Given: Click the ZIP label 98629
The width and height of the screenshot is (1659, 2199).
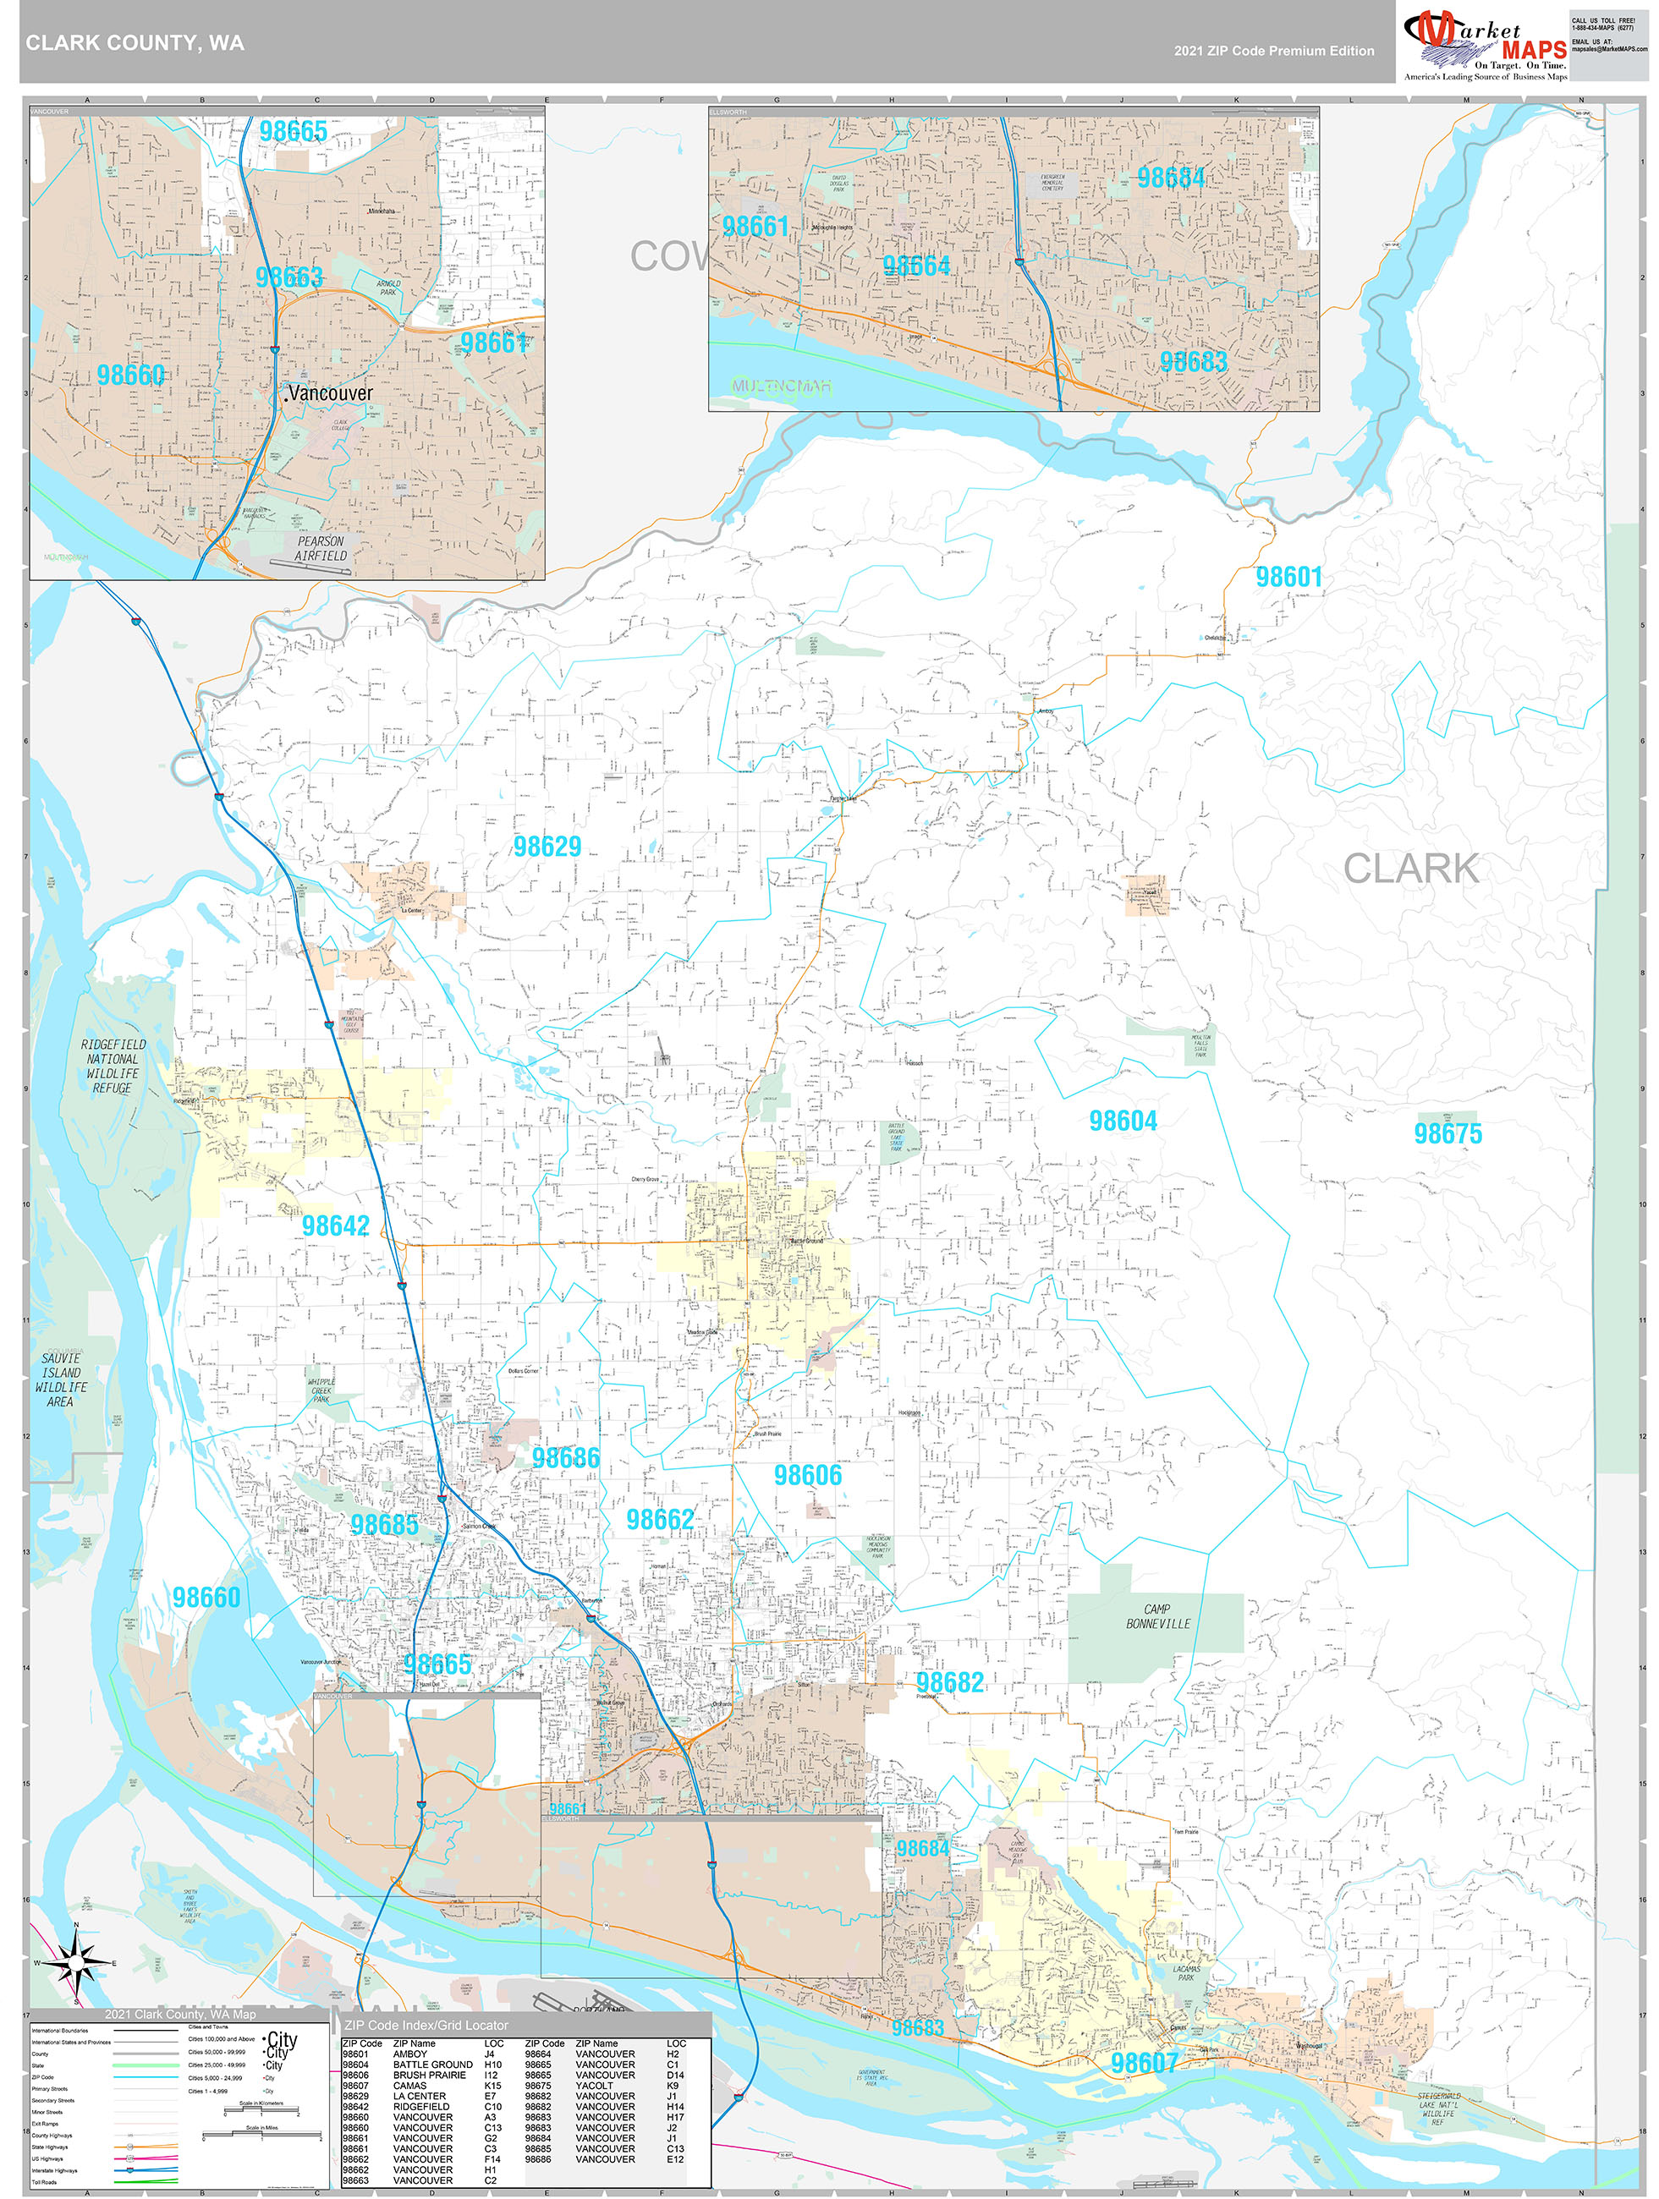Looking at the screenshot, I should [547, 846].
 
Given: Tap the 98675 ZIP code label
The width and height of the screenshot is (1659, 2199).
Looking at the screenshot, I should [1448, 1133].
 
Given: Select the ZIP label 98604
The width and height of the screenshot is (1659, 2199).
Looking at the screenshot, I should [1123, 1121].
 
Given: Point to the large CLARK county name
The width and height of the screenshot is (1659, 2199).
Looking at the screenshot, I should [1410, 868].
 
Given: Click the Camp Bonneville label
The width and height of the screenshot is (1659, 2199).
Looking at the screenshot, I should [1157, 1615].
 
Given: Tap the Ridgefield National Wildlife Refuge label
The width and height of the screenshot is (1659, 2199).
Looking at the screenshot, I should [113, 1066].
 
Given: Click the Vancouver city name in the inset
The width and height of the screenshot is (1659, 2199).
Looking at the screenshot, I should [330, 392].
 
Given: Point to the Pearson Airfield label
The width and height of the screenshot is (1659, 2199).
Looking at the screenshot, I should [321, 549].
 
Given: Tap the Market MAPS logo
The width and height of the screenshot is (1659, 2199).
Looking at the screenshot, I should [1484, 45].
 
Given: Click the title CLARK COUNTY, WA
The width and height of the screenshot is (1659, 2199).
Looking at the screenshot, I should [135, 43].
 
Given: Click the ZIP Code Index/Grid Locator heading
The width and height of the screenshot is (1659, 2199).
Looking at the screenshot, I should [426, 2025].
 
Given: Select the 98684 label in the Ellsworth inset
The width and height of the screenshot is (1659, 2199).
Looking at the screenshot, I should [1171, 178].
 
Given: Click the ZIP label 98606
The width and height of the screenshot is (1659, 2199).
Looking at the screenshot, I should [808, 1475].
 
